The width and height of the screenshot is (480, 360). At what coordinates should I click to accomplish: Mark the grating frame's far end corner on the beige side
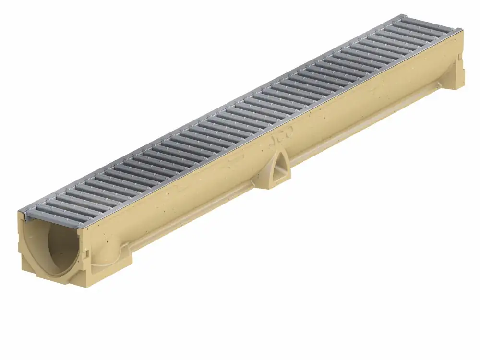462,31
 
